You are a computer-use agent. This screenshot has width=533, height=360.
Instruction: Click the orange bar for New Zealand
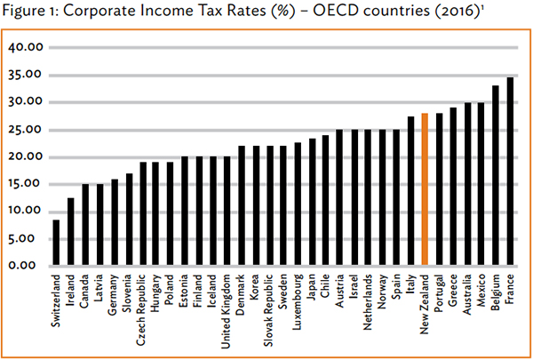click(x=425, y=189)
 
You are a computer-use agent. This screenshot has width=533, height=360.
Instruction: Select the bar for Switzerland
click(x=57, y=243)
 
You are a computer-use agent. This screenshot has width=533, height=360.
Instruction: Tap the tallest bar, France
click(x=510, y=172)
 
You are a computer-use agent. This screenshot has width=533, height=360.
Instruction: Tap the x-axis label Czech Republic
click(x=143, y=307)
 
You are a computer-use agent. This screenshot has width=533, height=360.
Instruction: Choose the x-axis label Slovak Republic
click(x=270, y=307)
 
